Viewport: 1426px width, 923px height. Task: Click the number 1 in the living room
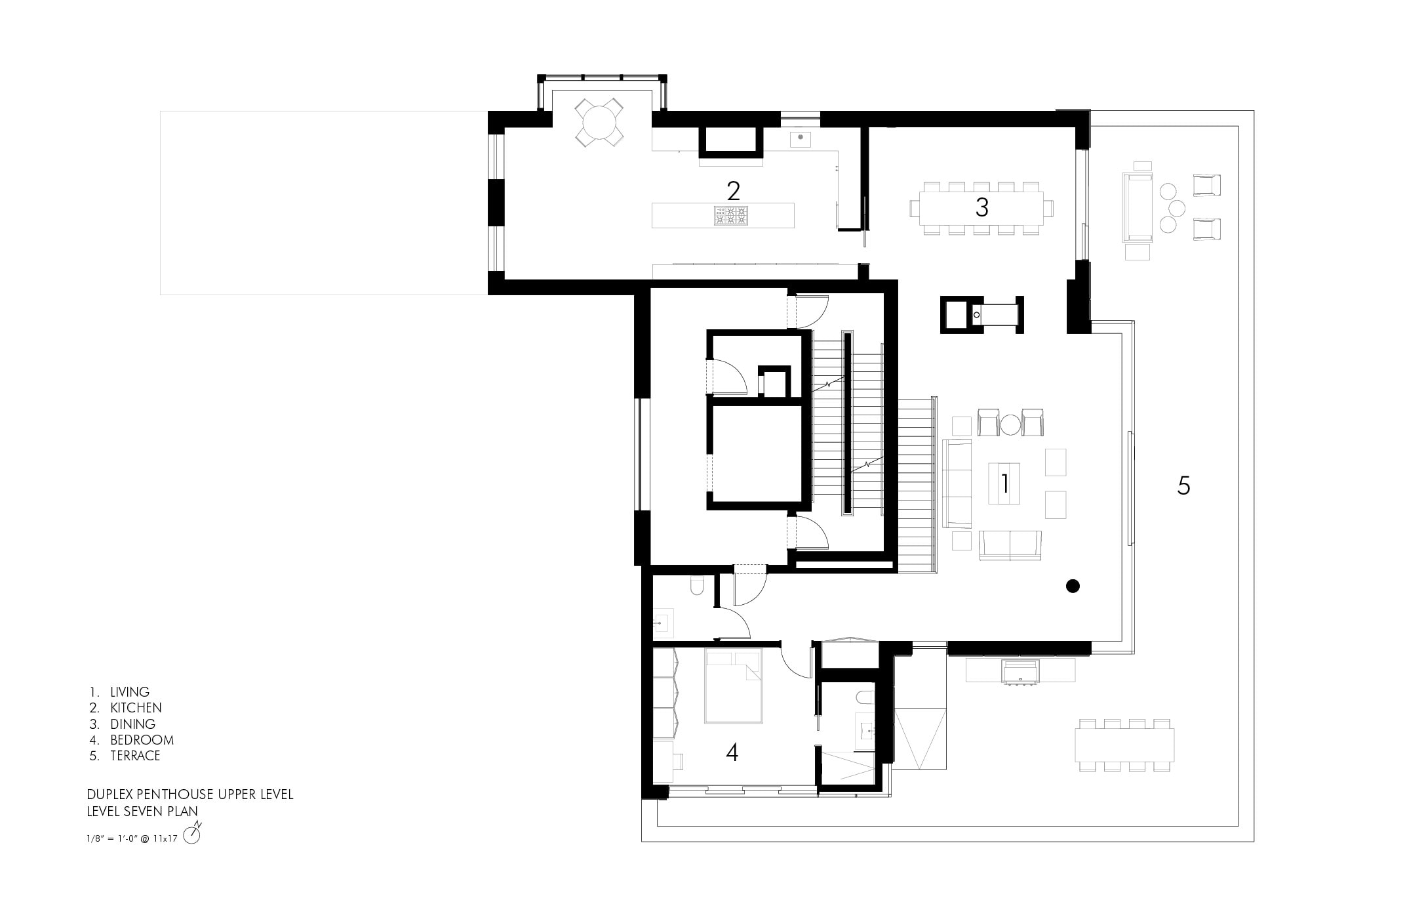click(x=1004, y=483)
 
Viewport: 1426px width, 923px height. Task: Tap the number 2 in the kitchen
click(x=733, y=191)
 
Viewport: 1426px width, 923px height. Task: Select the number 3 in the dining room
click(x=981, y=207)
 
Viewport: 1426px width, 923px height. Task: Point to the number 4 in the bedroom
click(x=732, y=752)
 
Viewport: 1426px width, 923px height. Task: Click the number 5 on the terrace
click(x=1183, y=485)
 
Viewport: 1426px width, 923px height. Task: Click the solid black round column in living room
click(x=1073, y=586)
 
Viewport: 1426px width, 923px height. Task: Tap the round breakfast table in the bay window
click(x=599, y=122)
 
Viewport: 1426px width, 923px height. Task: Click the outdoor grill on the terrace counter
click(x=1020, y=672)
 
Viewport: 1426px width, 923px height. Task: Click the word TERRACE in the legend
click(x=135, y=756)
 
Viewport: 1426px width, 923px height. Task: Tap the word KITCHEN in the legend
click(x=136, y=708)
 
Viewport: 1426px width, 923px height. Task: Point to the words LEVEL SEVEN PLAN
click(x=142, y=811)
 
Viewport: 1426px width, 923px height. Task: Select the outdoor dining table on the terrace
click(x=1124, y=745)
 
